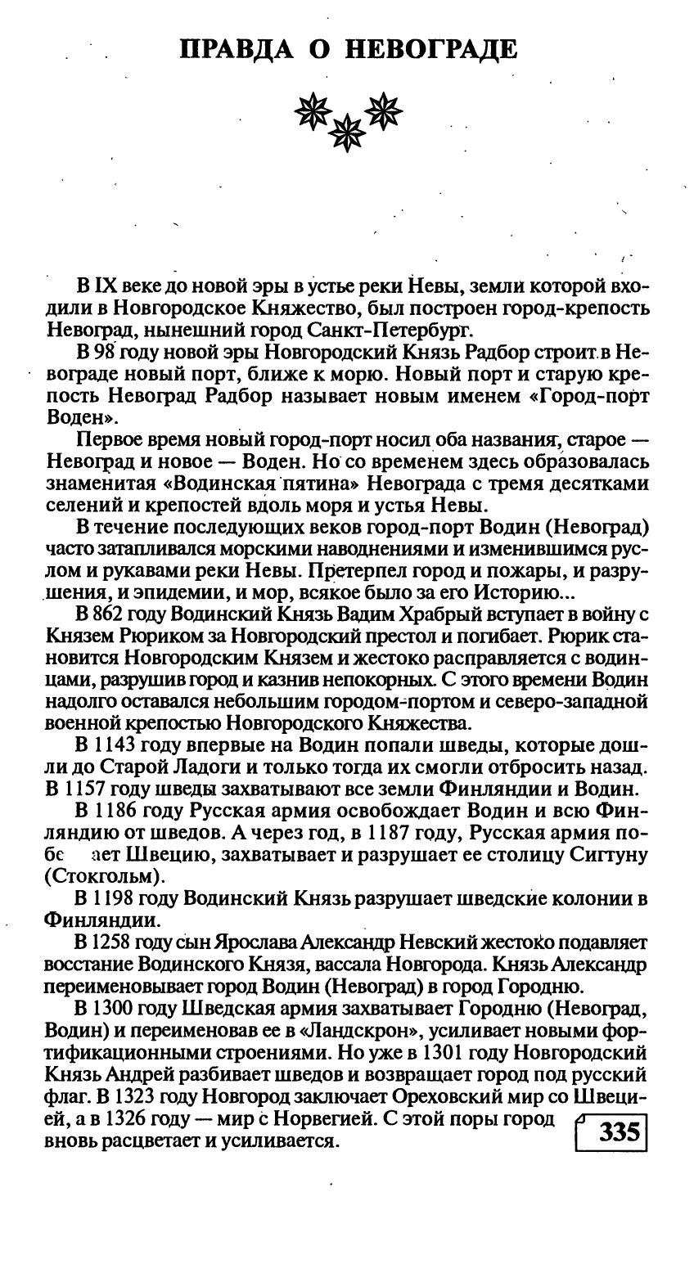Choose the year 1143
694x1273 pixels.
coord(115,746)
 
